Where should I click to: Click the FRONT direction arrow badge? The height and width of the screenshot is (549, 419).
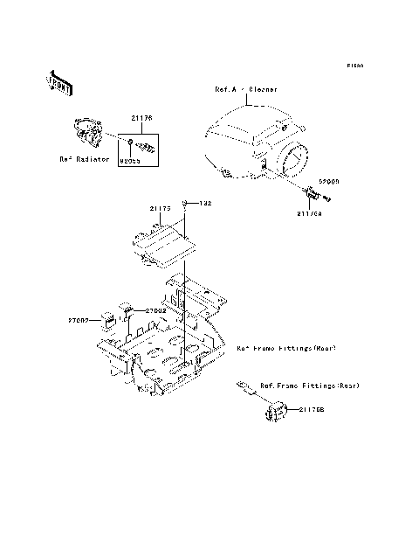point(59,83)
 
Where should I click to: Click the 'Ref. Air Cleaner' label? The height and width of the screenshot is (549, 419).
point(247,89)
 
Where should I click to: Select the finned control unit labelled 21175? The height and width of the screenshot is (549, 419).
point(166,243)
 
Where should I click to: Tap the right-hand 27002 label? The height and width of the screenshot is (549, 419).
point(156,309)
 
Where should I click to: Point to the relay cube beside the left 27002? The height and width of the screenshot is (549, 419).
point(109,318)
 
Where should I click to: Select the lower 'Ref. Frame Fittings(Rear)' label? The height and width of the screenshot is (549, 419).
point(310,386)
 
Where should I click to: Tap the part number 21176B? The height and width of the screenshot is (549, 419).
point(315,409)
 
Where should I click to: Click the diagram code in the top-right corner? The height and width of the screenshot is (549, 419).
point(354,66)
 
